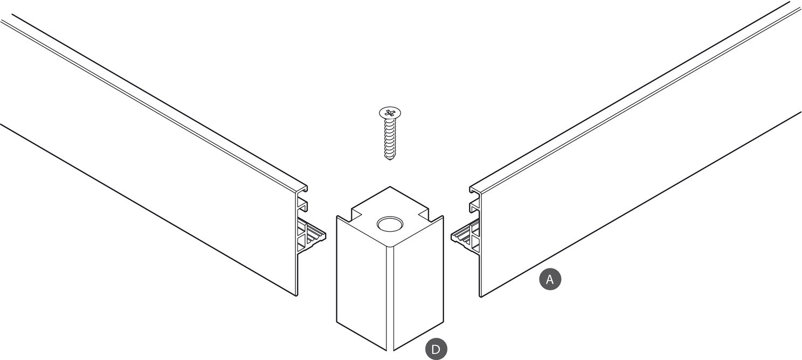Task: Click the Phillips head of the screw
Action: point(390,113)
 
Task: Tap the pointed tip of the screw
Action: point(390,159)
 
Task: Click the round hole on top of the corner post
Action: point(390,224)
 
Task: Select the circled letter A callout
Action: point(550,279)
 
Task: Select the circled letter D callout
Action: point(436,349)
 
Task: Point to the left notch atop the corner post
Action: point(357,214)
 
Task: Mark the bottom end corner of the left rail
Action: point(297,296)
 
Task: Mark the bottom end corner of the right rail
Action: point(480,296)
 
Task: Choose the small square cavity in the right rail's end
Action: point(475,206)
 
